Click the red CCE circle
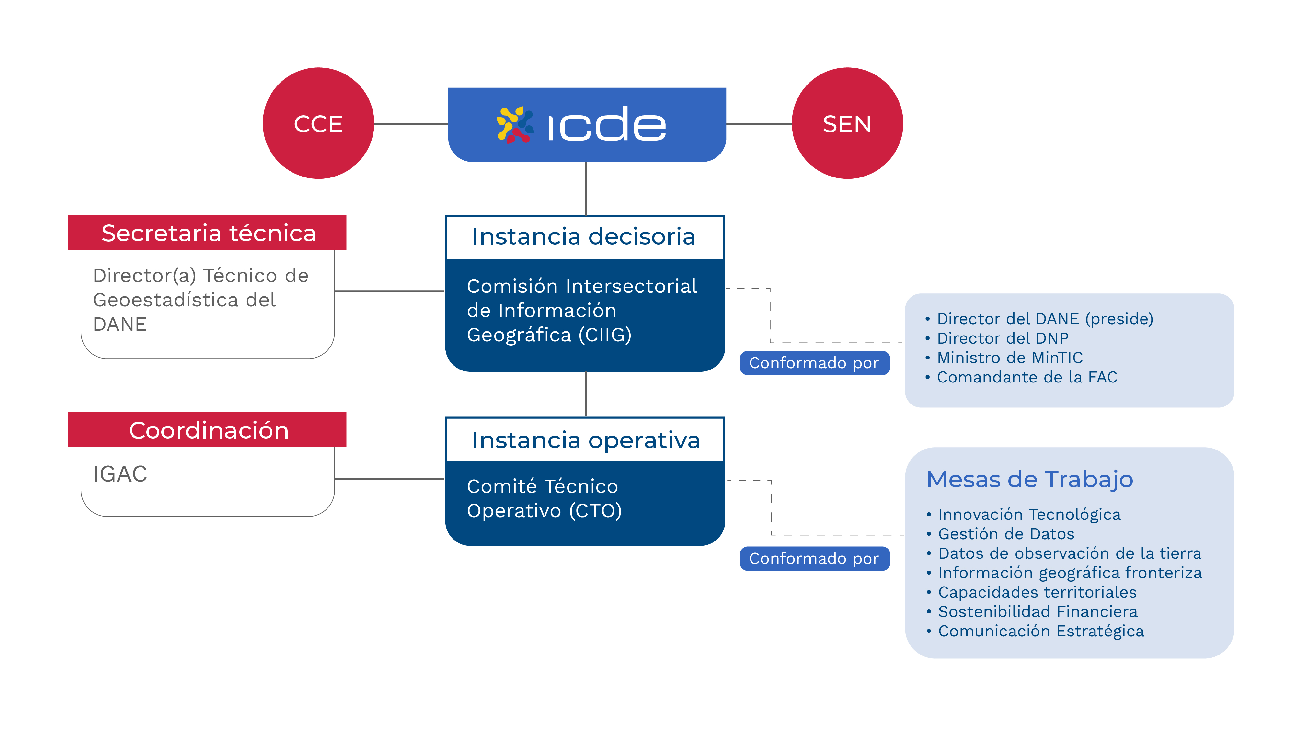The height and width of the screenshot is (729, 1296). tap(318, 123)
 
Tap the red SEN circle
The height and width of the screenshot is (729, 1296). tap(847, 123)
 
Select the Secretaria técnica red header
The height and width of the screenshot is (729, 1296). tap(207, 233)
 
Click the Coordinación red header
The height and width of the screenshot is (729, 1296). tap(207, 430)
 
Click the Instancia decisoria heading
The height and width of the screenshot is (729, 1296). tap(584, 236)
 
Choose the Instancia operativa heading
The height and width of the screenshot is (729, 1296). tap(586, 440)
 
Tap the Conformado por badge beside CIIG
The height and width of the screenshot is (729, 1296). tap(815, 363)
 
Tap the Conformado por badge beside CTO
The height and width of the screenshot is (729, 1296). tap(815, 558)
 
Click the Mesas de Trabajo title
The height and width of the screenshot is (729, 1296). tap(1030, 479)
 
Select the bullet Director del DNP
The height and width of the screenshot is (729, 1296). tap(997, 338)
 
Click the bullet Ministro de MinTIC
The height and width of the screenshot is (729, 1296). tap(1004, 358)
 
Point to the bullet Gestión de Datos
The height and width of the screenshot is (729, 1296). tap(1001, 534)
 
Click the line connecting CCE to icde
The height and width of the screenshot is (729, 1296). tap(411, 124)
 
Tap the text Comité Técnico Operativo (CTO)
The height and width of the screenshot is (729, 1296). tap(545, 499)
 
